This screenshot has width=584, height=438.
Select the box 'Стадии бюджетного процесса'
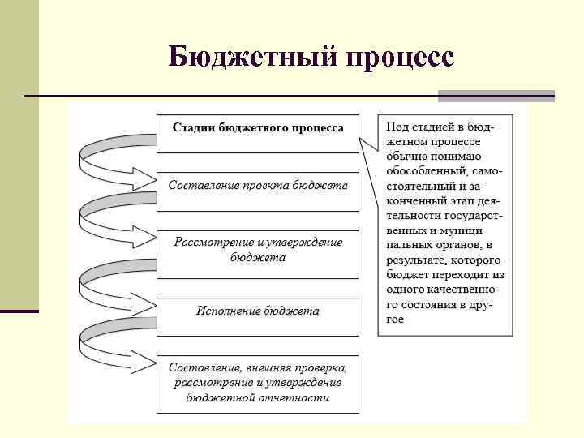[x=257, y=132]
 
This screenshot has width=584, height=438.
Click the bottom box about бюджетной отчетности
[x=257, y=382]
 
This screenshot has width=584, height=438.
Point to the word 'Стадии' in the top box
[x=193, y=128]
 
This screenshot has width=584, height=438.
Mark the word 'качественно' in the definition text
[x=460, y=290]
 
